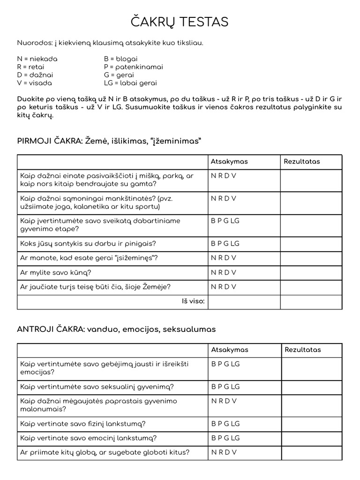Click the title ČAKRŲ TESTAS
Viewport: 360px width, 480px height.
pos(180,22)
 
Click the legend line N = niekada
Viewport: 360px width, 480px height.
pos(37,59)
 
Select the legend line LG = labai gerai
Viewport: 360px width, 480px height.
pos(130,83)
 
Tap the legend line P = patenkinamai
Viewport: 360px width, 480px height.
pos(133,67)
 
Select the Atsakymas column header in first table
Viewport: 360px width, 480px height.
pos(229,162)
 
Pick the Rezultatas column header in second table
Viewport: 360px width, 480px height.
pos(302,350)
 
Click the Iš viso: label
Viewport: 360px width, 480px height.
pos(193,301)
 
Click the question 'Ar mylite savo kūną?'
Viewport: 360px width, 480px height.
pos(56,272)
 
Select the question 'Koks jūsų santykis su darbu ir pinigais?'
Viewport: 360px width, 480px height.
pos(88,243)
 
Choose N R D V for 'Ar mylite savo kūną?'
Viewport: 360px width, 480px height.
pos(224,272)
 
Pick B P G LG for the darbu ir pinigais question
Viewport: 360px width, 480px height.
pos(225,243)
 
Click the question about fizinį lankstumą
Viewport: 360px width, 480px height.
pos(83,424)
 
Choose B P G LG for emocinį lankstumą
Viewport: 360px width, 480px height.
pos(225,438)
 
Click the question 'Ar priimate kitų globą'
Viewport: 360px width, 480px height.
pos(105,452)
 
